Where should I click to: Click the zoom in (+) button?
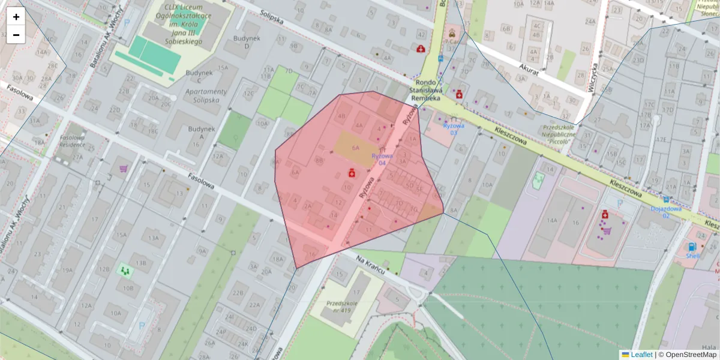(x=16, y=17)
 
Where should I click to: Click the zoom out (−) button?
(x=16, y=35)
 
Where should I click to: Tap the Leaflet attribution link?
(x=641, y=355)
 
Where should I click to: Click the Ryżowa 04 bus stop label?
(x=382, y=160)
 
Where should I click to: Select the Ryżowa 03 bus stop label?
(x=454, y=129)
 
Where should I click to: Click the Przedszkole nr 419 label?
(x=342, y=307)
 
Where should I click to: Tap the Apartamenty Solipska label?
(x=206, y=95)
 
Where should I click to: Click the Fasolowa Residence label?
(x=72, y=141)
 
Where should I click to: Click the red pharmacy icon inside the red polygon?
(x=352, y=173)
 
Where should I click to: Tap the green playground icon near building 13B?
(x=125, y=271)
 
